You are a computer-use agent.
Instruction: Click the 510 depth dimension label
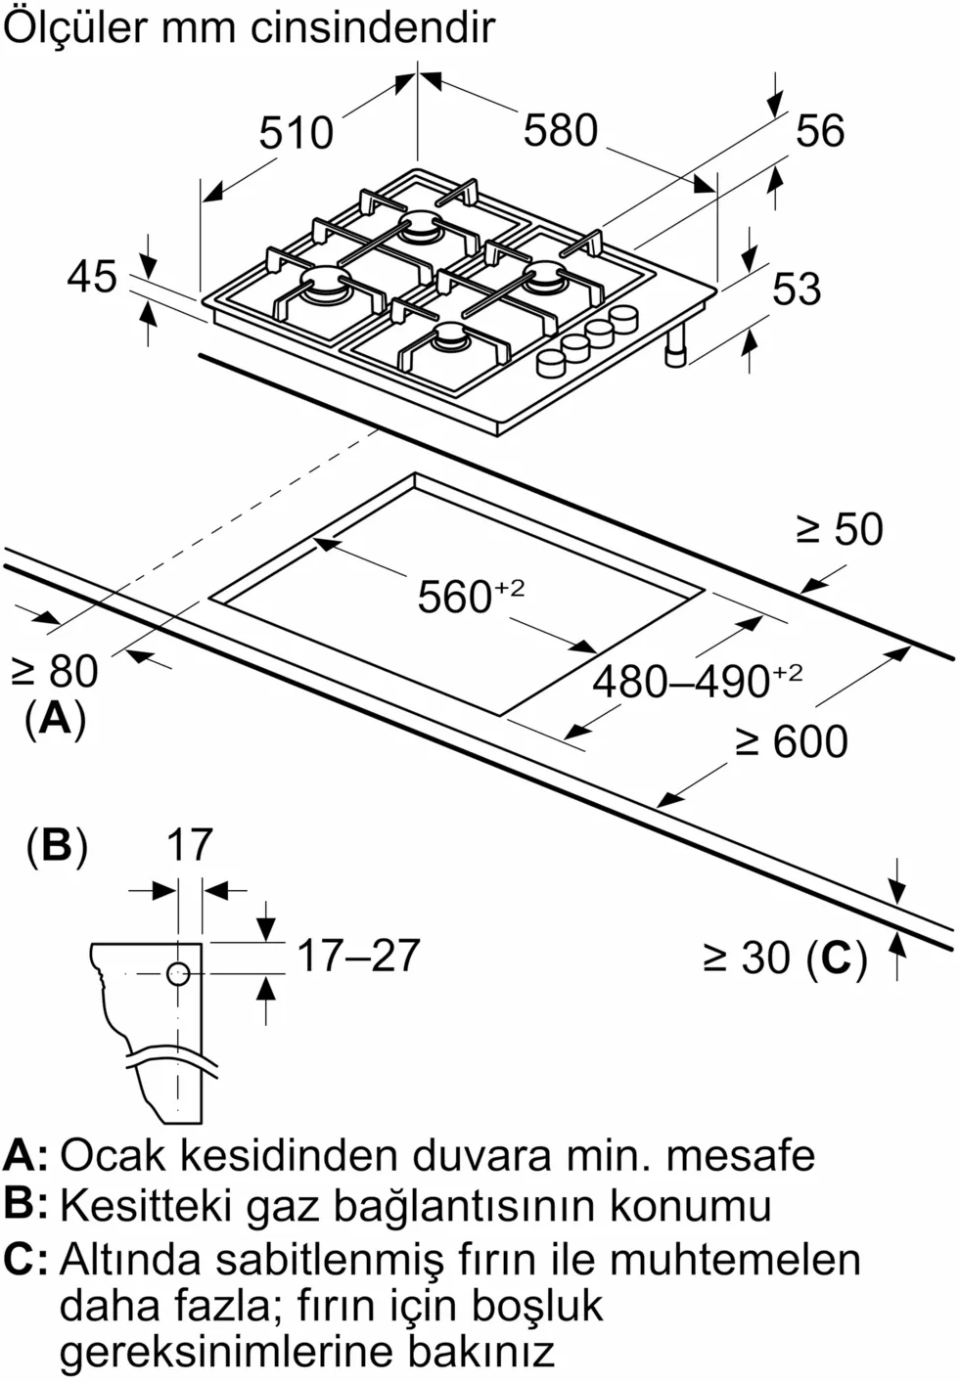click(296, 132)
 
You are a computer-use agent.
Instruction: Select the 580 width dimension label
click(560, 130)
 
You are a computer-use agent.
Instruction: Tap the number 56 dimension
click(819, 131)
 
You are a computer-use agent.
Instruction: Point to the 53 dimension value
click(796, 290)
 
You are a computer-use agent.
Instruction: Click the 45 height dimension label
click(92, 277)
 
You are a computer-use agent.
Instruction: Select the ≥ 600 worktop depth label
click(792, 741)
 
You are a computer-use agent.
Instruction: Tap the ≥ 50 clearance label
click(839, 529)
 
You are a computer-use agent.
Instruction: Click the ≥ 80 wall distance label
click(55, 672)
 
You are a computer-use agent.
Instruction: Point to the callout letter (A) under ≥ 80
click(55, 719)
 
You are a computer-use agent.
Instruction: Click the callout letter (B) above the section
click(56, 845)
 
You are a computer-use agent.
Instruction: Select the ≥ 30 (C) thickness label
click(785, 958)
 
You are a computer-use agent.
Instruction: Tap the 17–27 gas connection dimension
click(357, 956)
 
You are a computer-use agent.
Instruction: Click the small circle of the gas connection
click(177, 974)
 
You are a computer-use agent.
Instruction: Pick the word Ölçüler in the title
click(74, 28)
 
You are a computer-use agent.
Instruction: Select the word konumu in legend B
click(691, 1205)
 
